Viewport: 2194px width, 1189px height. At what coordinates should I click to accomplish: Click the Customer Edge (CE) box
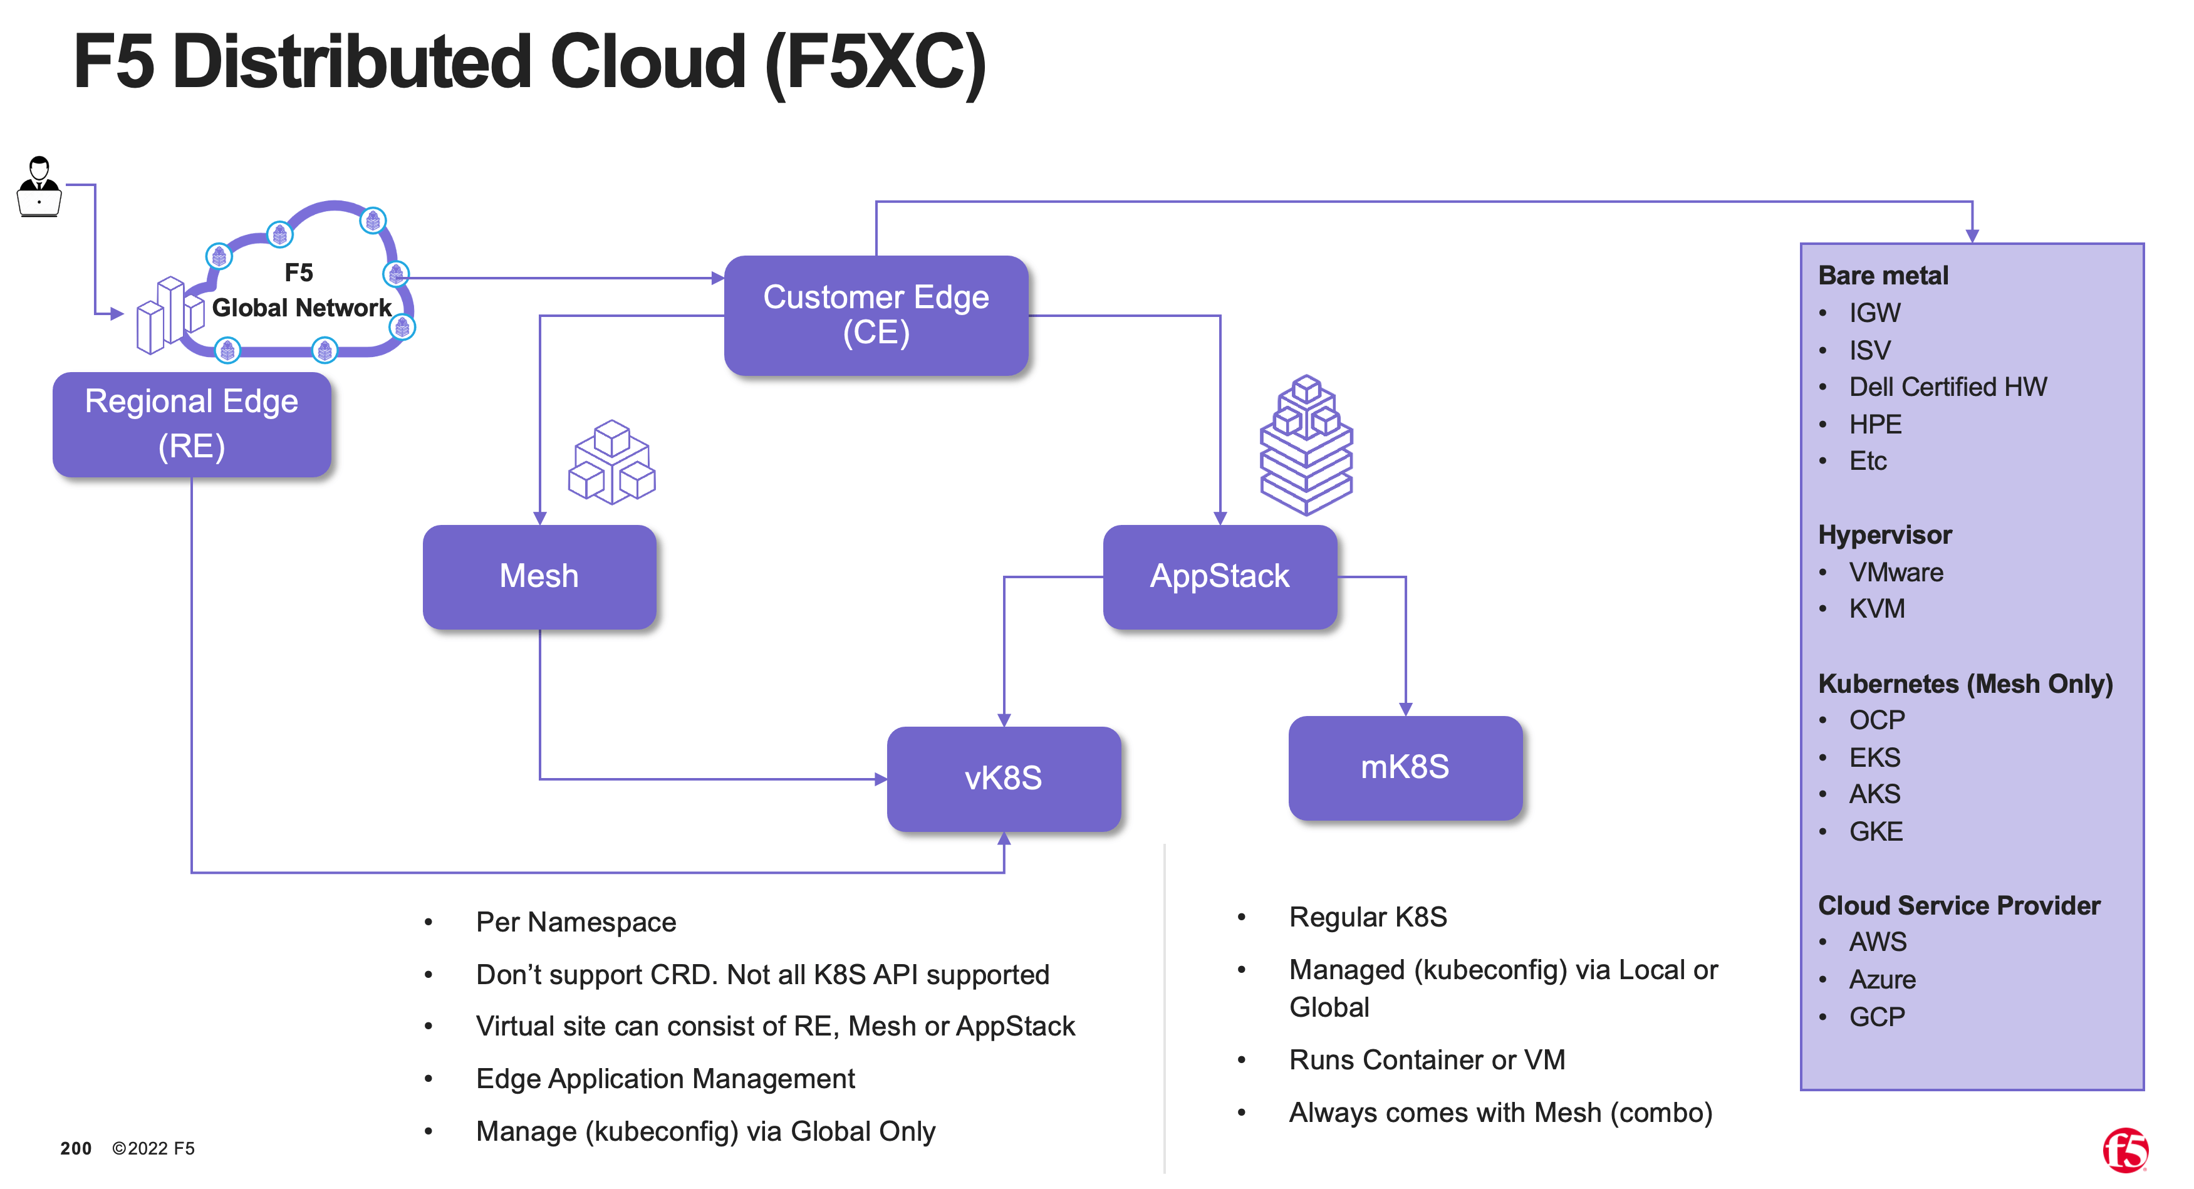coord(876,315)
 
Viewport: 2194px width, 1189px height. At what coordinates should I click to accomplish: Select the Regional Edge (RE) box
coord(192,424)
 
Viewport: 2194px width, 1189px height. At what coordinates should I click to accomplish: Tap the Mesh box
coord(539,576)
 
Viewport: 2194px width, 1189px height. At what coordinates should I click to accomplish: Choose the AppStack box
coord(1220,576)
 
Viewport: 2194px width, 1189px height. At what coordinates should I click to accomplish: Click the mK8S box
coord(1405,767)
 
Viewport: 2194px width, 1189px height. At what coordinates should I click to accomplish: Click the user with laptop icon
coord(39,187)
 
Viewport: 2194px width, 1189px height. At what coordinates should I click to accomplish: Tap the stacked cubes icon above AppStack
coord(1306,445)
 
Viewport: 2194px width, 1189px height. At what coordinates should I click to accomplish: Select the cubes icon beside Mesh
coord(611,462)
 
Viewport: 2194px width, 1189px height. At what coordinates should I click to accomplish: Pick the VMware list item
coord(1896,573)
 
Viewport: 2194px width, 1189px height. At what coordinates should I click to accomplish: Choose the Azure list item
coord(1882,980)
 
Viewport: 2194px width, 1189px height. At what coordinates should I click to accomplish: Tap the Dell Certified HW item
coord(1948,387)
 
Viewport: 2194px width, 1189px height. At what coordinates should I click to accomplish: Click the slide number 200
coord(76,1148)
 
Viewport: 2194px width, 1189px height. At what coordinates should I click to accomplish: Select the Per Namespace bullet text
coord(576,922)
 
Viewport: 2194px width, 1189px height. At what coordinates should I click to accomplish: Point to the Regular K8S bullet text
coord(1368,916)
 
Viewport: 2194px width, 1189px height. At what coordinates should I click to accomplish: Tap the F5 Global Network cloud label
coord(301,291)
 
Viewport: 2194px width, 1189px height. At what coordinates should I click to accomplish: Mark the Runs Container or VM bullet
coord(1427,1059)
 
